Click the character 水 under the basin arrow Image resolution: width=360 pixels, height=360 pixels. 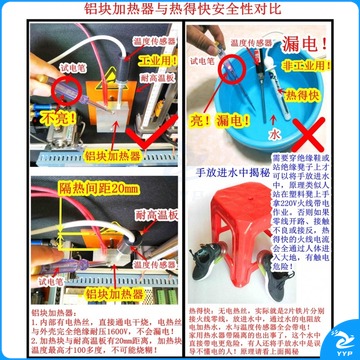(298, 131)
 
